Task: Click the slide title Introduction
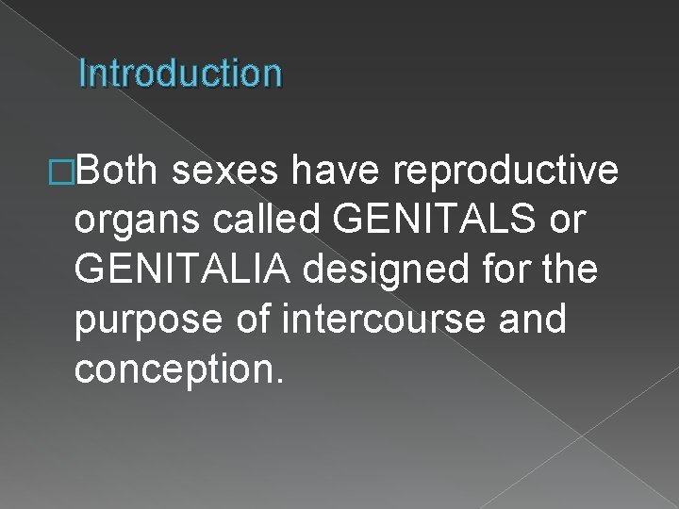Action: point(180,73)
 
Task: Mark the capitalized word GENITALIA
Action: point(186,269)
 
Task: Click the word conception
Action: point(172,369)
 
